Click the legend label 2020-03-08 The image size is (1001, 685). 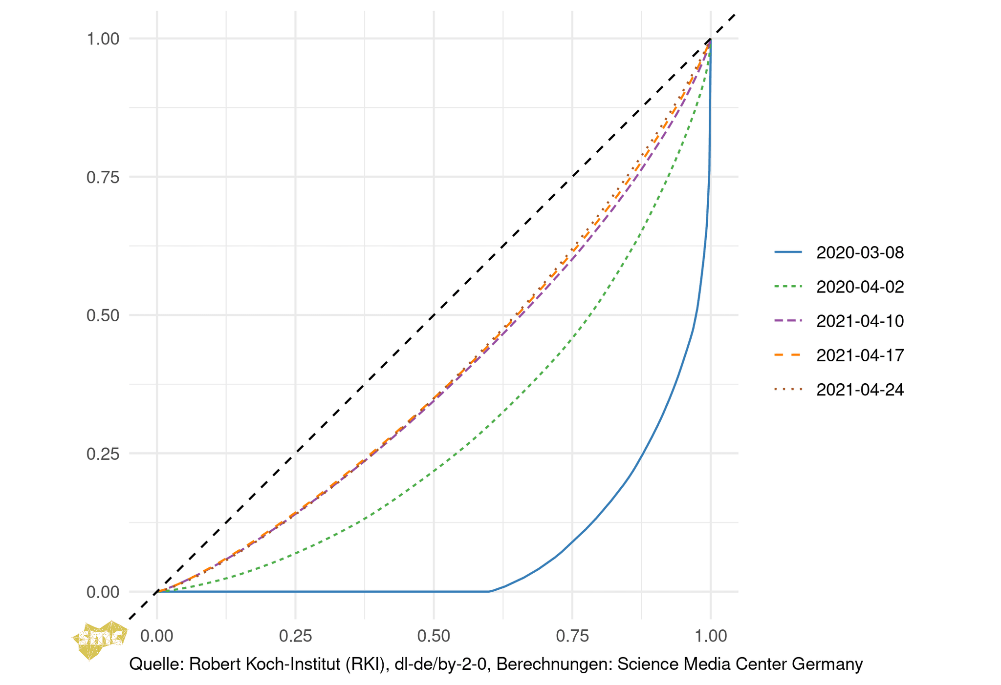pos(860,252)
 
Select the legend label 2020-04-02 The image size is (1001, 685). pos(860,287)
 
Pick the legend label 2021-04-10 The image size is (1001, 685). pos(860,321)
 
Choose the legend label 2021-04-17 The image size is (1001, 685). pos(860,355)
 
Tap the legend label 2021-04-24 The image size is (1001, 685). pos(860,390)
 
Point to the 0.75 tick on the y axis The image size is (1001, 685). pos(103,177)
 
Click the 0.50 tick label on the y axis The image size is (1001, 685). pos(103,315)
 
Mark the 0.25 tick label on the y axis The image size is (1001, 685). pos(103,454)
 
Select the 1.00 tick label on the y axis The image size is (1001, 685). pos(103,39)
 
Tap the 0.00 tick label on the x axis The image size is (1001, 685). pos(157,636)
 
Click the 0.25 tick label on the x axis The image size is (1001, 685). pos(295,636)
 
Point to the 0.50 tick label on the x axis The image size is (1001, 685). pos(434,636)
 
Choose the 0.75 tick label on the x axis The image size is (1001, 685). pos(572,636)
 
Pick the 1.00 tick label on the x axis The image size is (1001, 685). pos(711,636)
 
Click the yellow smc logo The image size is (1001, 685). pos(100,639)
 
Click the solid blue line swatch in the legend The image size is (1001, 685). pos(788,252)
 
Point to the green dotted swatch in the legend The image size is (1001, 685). pos(788,287)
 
